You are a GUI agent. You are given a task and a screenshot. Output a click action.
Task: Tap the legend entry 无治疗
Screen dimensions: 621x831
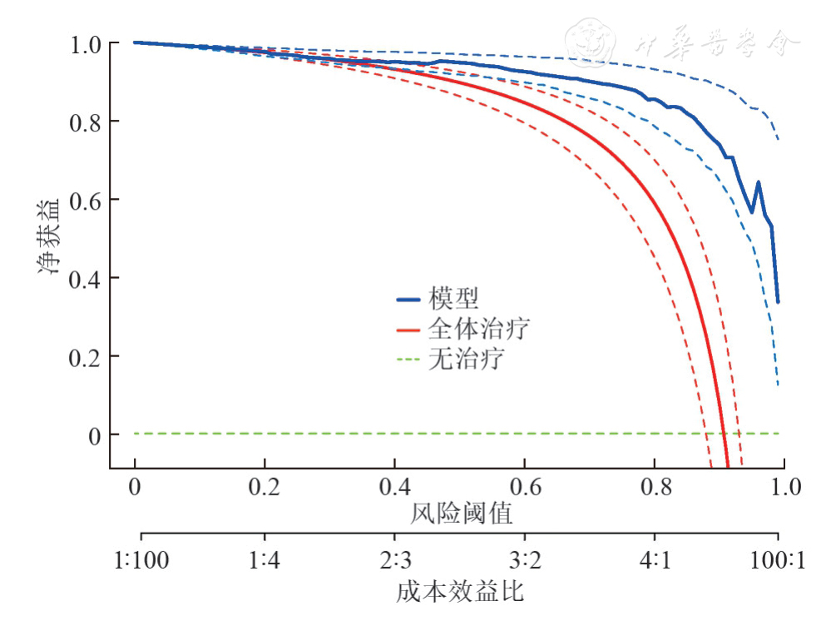(466, 360)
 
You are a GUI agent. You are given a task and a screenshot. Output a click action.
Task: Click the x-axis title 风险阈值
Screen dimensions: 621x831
(461, 514)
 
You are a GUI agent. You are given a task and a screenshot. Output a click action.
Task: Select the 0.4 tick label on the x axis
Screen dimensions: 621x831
(394, 487)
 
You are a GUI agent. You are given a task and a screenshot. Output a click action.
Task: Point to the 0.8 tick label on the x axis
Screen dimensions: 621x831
(655, 487)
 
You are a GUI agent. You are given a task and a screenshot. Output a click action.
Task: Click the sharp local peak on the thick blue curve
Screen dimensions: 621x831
(758, 182)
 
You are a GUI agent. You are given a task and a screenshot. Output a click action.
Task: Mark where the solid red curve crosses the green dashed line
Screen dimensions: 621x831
(724, 433)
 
